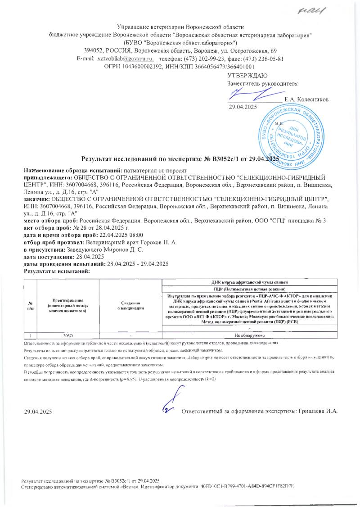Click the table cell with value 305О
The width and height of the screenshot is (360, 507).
pyautogui.click(x=67, y=336)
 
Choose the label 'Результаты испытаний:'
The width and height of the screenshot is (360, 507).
pyautogui.click(x=57, y=271)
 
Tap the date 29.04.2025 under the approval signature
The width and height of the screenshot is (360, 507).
pyautogui.click(x=243, y=107)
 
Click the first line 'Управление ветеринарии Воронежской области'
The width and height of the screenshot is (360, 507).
pyautogui.click(x=180, y=27)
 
